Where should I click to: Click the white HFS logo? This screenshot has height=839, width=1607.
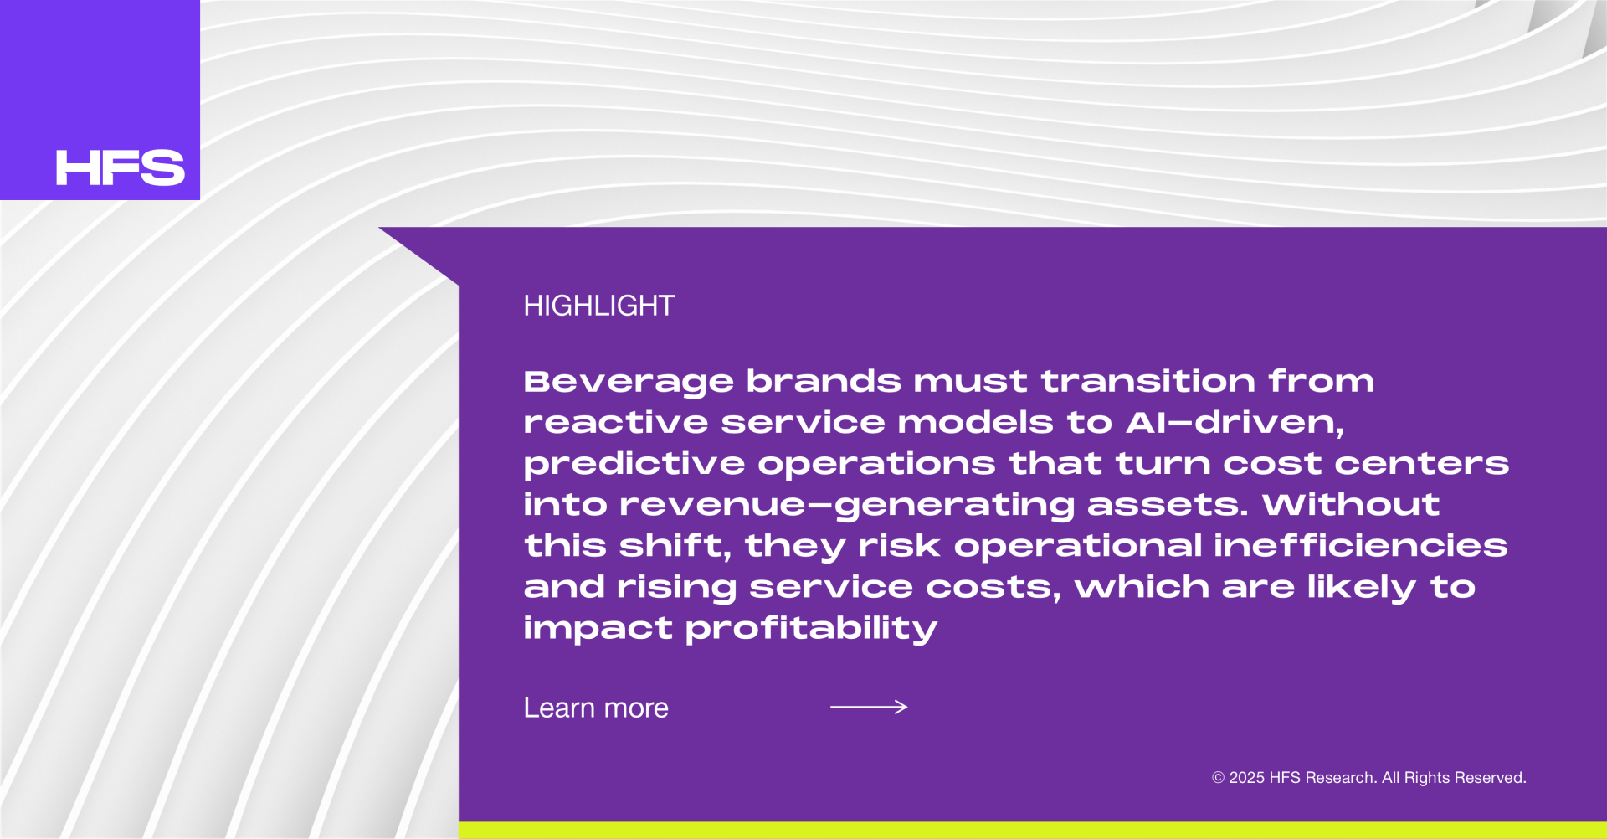point(120,167)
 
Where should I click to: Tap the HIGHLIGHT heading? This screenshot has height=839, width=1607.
point(598,306)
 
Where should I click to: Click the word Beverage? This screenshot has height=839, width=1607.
point(629,383)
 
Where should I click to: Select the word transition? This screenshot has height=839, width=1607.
point(1148,381)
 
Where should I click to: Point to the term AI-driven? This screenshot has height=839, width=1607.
point(1235,423)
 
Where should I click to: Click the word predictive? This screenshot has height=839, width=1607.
point(634,465)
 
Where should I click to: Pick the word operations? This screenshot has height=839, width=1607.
point(877,465)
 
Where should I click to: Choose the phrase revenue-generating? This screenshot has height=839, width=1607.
point(847,506)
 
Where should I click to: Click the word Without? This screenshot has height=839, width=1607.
point(1351,504)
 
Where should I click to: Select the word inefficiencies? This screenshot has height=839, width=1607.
point(1360,546)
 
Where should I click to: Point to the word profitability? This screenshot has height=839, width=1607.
point(811,629)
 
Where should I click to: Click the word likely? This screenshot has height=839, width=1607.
point(1362,588)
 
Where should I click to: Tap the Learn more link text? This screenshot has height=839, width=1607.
point(596,708)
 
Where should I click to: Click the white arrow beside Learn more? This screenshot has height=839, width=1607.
point(869,708)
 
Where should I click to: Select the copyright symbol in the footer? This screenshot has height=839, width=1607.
point(1219,778)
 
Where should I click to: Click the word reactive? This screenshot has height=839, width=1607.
point(616,423)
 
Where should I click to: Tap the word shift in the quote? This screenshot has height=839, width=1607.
point(675,546)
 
